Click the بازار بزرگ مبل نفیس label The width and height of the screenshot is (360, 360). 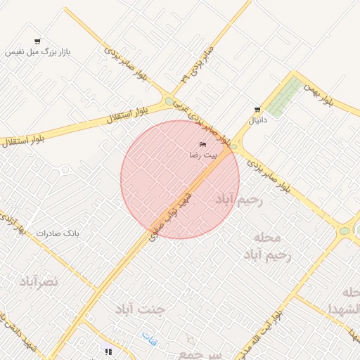click(x=38, y=53)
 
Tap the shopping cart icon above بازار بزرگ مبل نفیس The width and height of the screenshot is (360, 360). click(x=37, y=41)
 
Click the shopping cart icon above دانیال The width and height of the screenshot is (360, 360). click(x=257, y=110)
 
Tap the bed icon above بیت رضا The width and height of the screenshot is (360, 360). click(x=203, y=145)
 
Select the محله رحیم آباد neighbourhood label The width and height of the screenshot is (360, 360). click(x=268, y=247)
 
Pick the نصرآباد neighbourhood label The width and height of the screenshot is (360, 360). click(x=39, y=282)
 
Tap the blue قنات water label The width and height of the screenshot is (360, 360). click(x=148, y=337)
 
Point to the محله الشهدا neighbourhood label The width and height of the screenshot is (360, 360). click(x=345, y=301)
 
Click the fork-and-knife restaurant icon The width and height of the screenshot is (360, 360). click(x=108, y=351)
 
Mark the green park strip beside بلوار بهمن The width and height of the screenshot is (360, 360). click(x=284, y=98)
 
